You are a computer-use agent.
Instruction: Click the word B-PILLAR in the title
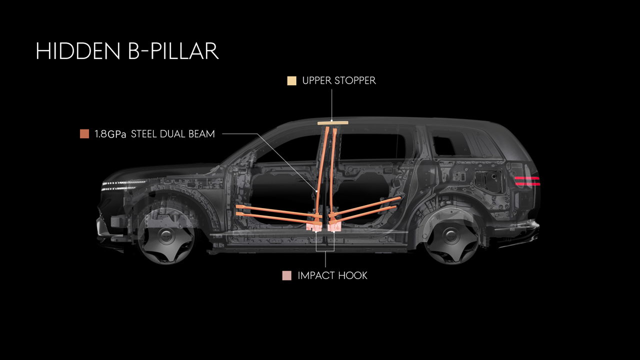(173, 51)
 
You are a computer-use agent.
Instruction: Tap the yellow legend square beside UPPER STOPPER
(291, 81)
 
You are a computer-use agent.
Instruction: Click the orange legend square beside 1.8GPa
(84, 133)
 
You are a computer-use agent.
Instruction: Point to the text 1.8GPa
(110, 134)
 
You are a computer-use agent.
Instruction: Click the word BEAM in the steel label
(201, 133)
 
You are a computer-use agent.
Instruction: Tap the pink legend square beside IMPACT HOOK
(287, 275)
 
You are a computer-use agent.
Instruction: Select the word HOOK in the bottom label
(352, 275)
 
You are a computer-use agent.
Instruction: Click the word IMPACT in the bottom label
(316, 275)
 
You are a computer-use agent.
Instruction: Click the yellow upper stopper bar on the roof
(333, 123)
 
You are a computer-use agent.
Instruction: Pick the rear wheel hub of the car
(452, 236)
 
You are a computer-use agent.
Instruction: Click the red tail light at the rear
(527, 181)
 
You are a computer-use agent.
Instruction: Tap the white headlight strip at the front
(123, 185)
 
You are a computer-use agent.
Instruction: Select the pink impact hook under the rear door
(334, 227)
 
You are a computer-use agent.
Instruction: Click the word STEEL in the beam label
(144, 133)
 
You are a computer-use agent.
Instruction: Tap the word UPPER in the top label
(317, 80)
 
